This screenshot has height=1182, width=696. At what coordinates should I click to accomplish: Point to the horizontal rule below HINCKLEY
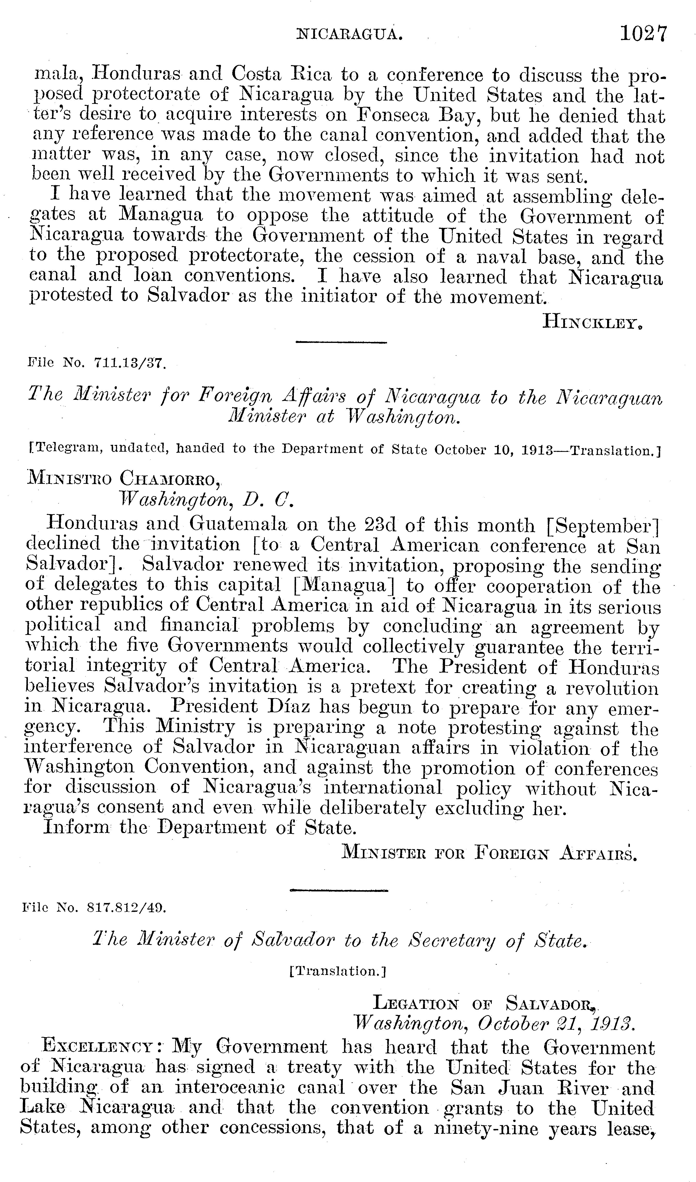[341, 343]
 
